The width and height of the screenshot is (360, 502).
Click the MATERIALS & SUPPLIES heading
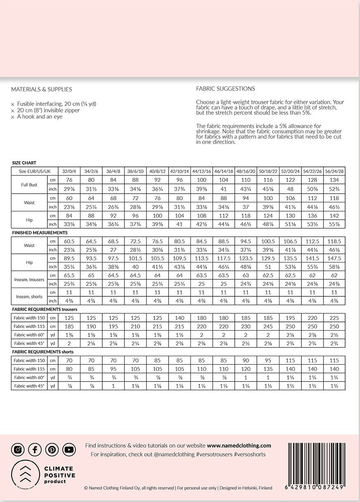41,89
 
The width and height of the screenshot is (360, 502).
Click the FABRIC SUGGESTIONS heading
225,89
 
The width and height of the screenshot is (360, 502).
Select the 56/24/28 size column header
334,171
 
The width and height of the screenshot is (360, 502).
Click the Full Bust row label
29,185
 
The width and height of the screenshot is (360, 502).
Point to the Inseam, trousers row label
29,279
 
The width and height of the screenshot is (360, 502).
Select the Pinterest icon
52,450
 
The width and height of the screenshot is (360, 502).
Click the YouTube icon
69,450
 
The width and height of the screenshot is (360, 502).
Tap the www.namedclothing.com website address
239,446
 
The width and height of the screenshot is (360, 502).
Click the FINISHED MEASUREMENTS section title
37,233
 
